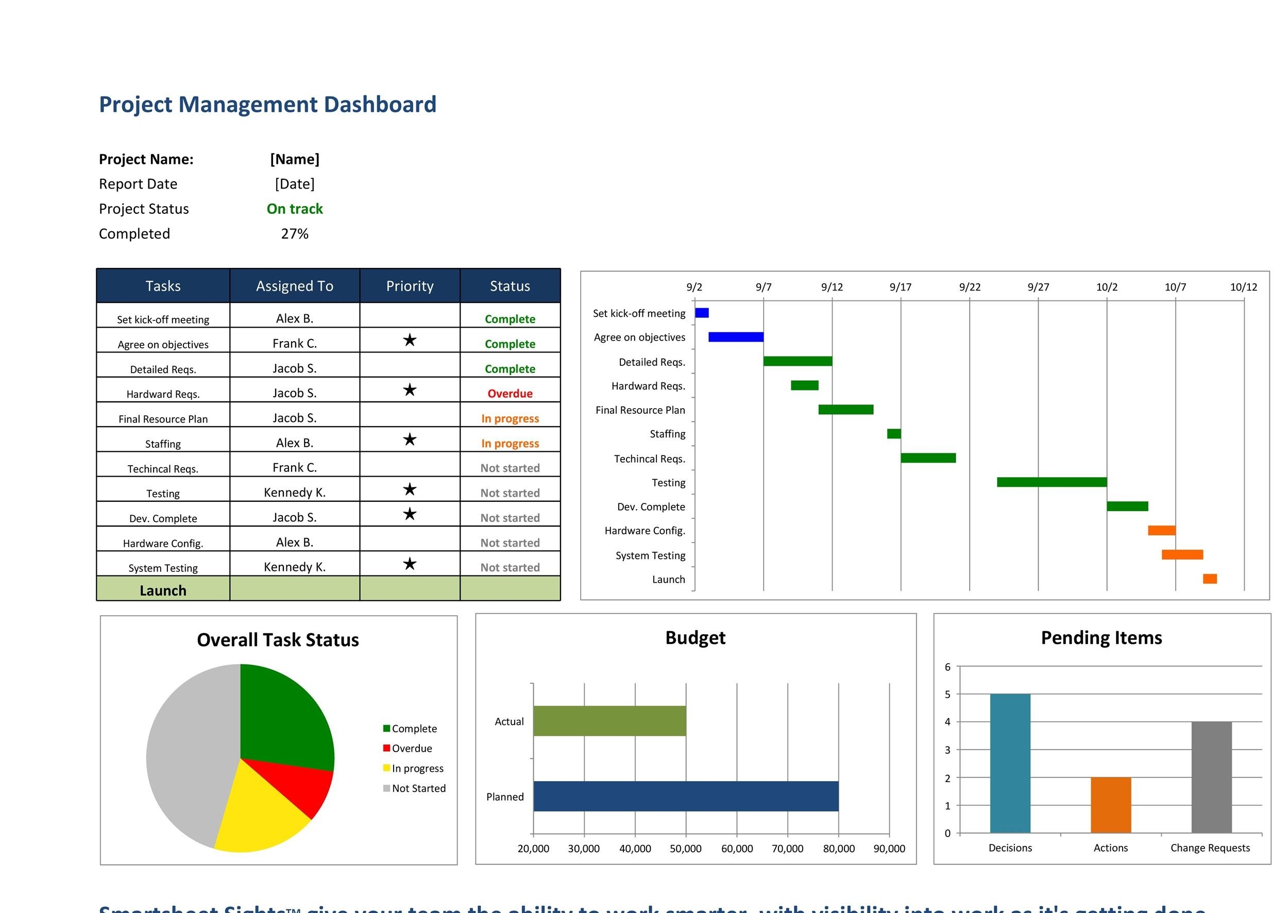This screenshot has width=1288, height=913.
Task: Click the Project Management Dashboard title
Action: click(267, 105)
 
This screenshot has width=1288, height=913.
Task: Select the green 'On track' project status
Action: click(295, 209)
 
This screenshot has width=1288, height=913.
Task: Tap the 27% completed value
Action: click(295, 234)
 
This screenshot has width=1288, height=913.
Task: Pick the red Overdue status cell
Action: click(510, 394)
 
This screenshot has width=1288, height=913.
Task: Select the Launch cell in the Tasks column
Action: click(163, 590)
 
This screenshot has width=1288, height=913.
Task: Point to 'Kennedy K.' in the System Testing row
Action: click(295, 567)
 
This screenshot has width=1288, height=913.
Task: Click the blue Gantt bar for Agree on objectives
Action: click(735, 337)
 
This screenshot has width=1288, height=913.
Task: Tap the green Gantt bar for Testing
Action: click(1052, 482)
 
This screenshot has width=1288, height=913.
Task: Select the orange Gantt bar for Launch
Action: click(1209, 579)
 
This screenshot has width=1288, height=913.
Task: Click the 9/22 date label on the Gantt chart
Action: click(969, 288)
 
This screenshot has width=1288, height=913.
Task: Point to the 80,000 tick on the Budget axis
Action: click(838, 849)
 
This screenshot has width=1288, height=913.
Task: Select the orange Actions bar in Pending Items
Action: click(1110, 805)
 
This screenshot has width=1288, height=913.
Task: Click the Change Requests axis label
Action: click(1210, 848)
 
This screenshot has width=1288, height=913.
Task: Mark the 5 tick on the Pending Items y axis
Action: click(947, 695)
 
